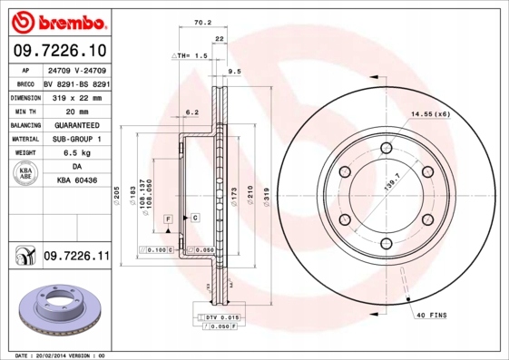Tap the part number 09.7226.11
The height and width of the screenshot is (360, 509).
pyautogui.click(x=76, y=258)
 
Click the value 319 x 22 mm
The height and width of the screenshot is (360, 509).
pyautogui.click(x=78, y=97)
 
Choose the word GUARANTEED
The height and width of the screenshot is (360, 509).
pyautogui.click(x=77, y=125)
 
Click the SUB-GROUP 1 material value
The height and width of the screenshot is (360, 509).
pyautogui.click(x=77, y=140)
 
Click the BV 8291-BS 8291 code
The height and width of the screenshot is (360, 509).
pyautogui.click(x=77, y=83)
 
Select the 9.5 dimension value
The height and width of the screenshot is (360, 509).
pyautogui.click(x=233, y=70)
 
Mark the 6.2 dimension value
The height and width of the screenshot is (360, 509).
pyautogui.click(x=191, y=112)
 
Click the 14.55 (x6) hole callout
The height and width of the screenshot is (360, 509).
pyautogui.click(x=431, y=114)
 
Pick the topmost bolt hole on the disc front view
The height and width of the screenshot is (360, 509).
pyautogui.click(x=386, y=148)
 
